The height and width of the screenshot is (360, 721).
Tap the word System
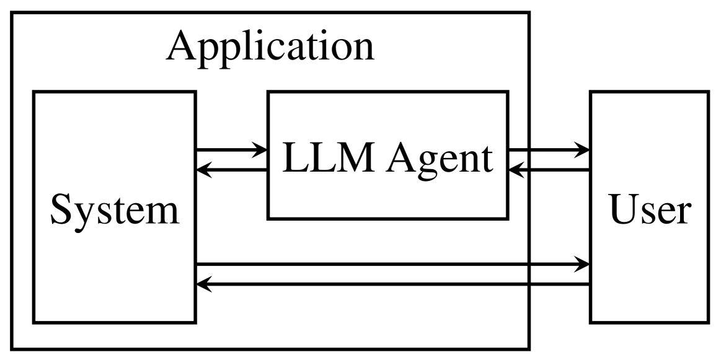114,211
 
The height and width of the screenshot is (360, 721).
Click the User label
648,211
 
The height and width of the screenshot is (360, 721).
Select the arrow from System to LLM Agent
229,149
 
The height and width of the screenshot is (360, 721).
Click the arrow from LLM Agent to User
546,149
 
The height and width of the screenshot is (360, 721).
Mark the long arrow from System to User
391,265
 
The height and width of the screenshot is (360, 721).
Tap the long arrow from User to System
391,285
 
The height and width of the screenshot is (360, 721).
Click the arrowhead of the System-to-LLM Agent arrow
259,149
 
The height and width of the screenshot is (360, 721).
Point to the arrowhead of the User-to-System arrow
205,285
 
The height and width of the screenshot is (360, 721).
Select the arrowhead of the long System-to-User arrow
582,265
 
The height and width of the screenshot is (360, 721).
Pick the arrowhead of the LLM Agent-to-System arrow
205,169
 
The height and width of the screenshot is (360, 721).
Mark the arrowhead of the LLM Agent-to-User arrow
582,149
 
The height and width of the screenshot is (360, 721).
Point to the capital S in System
60,211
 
